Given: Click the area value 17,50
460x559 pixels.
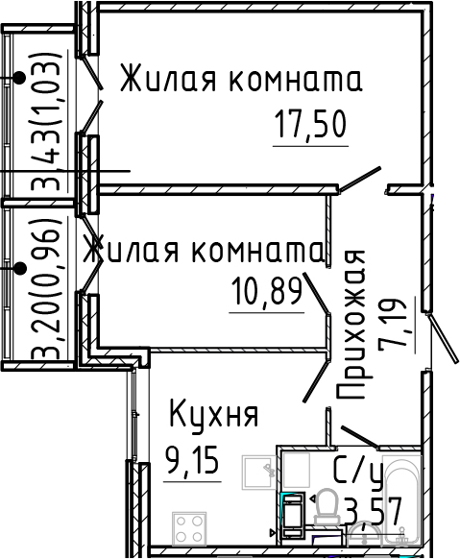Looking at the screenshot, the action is coord(311,124).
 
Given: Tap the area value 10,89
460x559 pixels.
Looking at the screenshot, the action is coord(267,291).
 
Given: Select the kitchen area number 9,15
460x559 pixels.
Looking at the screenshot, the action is coord(192,460).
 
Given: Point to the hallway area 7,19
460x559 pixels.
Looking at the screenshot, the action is coord(393,326).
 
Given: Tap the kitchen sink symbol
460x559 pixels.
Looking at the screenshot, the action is coord(258,472).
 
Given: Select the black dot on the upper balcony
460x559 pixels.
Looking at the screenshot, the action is coord(19,78).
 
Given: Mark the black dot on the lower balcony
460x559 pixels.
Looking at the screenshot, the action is coord(19,268).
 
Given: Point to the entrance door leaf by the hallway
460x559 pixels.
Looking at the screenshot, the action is coord(444,338).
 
